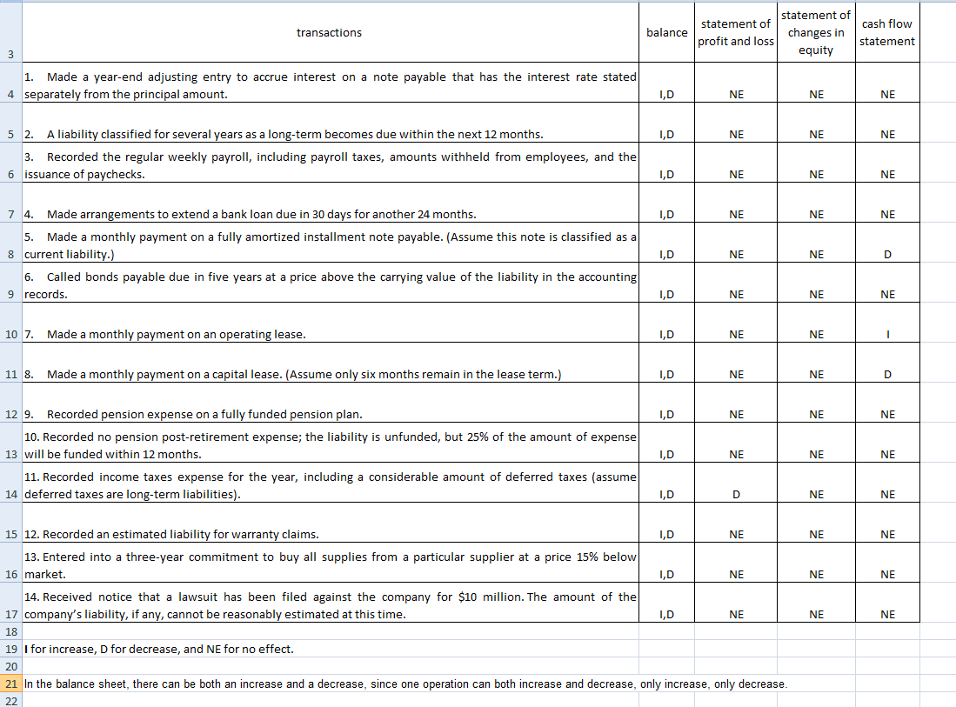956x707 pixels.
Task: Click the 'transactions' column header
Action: [329, 33]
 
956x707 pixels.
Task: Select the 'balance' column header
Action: [667, 33]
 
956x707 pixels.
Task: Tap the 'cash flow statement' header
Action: [887, 33]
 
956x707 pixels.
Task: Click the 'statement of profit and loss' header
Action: [736, 33]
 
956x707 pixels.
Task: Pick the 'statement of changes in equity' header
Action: [815, 33]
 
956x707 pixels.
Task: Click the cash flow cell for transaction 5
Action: [887, 255]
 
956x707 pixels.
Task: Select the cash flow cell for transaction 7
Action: [887, 335]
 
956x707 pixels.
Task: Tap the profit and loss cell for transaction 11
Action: [736, 495]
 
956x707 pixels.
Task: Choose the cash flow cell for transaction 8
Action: [887, 375]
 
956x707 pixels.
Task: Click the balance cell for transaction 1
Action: [667, 95]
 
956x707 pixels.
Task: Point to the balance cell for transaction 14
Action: [667, 615]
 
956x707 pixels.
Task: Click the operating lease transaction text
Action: [176, 335]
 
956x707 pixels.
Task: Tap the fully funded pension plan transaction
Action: [204, 415]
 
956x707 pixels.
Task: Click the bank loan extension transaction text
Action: [261, 215]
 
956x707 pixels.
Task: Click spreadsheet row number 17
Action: [10, 615]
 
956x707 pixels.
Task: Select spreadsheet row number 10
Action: [10, 335]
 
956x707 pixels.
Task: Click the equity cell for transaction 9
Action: [815, 415]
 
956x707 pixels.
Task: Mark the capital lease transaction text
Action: [304, 375]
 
